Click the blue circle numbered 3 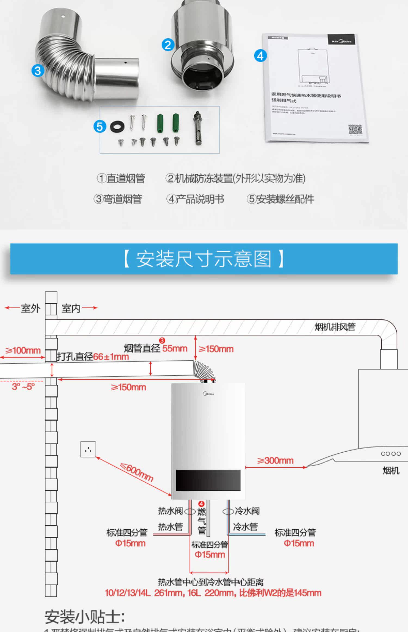click(38, 71)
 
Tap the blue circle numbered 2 click(168, 45)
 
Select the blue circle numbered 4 click(260, 56)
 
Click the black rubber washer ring click(117, 127)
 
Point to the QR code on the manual click(355, 130)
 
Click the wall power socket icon click(88, 449)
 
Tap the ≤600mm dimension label click(137, 472)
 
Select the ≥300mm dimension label click(275, 461)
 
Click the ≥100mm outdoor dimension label click(23, 350)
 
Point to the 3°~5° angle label click(23, 387)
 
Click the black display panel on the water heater click(208, 480)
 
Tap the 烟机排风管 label click(335, 327)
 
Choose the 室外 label click(30, 308)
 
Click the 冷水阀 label click(247, 511)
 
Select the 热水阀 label click(170, 511)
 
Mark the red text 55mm click(175, 348)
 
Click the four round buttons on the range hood click(391, 454)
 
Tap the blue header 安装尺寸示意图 click(204, 259)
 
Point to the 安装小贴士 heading click(85, 616)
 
